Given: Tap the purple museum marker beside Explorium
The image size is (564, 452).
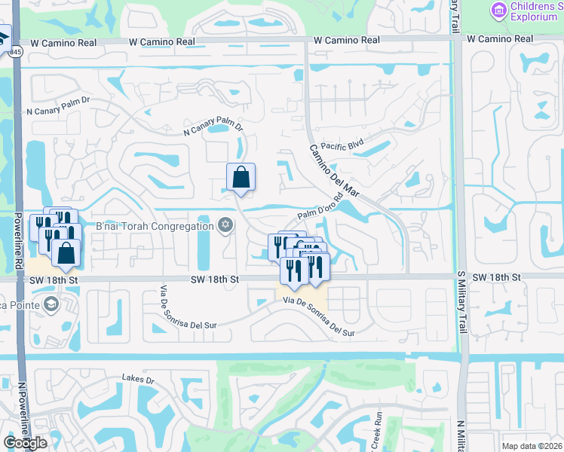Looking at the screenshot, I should pos(498,10).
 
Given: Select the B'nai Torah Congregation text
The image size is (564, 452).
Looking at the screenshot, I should pos(155,226).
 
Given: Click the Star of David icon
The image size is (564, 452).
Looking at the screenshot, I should pos(225,225).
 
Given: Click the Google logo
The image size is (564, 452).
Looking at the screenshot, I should pos(25,443).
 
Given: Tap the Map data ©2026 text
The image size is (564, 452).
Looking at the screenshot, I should pos(532,446).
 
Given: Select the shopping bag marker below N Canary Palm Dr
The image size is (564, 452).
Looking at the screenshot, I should pos(241,178).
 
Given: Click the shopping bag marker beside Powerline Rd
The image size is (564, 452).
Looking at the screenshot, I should pos(66,254).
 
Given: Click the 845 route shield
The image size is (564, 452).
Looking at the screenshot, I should pos(16,52).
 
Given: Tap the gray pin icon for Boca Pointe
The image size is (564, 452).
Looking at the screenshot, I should pos(51,304).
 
